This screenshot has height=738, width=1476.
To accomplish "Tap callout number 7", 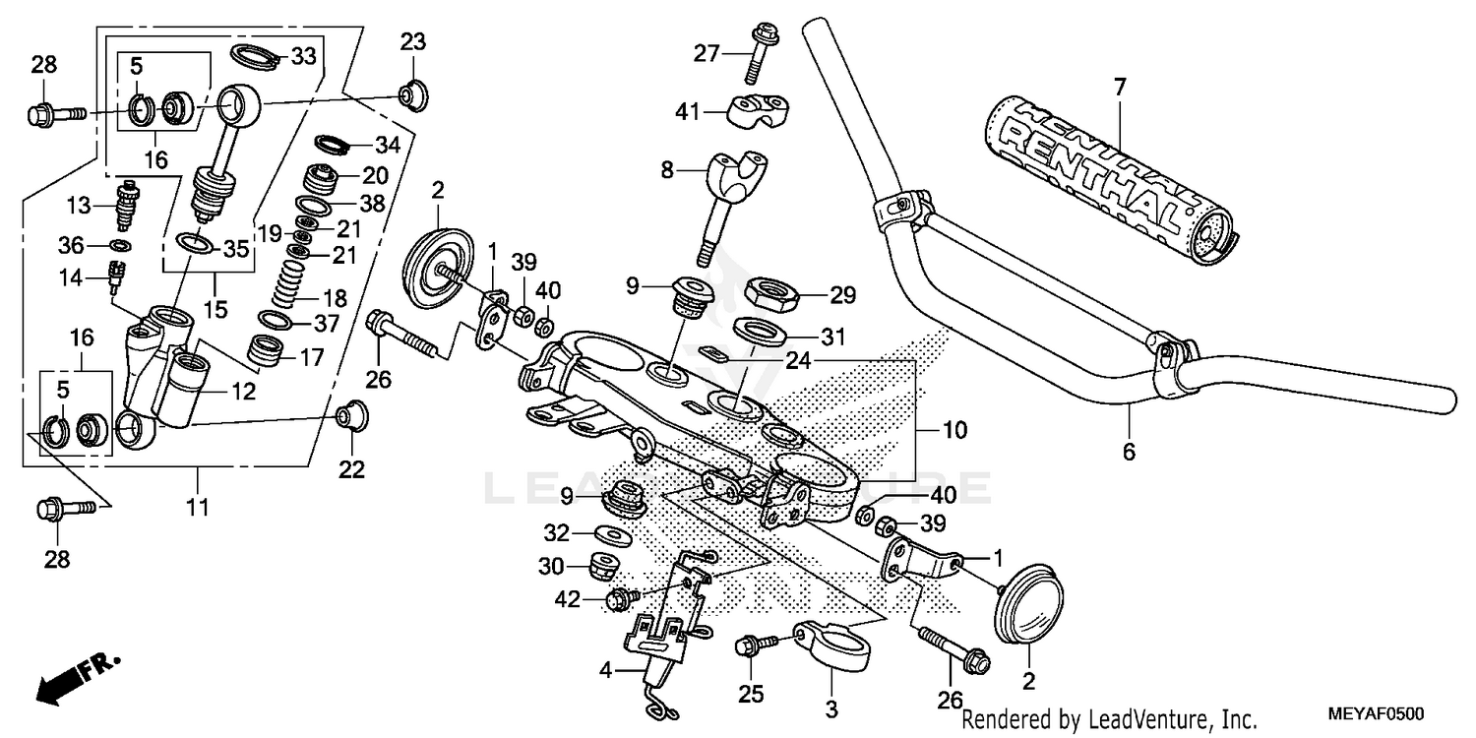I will (x=1119, y=87).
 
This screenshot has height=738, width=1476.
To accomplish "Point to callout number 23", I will (x=413, y=42).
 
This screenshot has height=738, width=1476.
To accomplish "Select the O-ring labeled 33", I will (x=255, y=56).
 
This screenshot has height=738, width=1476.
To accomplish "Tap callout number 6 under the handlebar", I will (x=1129, y=452).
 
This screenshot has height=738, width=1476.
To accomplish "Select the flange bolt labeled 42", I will (x=621, y=596).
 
